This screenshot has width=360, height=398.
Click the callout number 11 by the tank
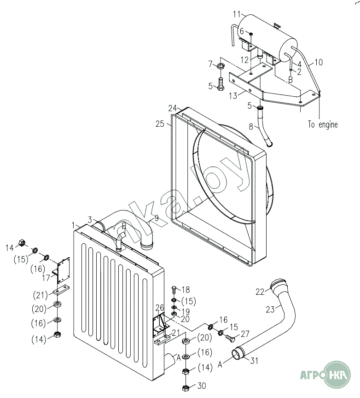point(237,14)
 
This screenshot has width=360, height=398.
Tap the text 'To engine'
point(323,124)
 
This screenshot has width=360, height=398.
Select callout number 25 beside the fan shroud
point(160,123)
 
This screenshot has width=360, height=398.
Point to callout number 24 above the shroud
point(172,108)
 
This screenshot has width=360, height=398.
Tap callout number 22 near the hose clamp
point(260,291)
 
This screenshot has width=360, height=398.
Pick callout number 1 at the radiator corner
point(74,224)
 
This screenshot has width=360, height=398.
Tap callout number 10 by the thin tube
point(319,62)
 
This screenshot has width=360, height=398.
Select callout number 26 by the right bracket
point(159,308)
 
